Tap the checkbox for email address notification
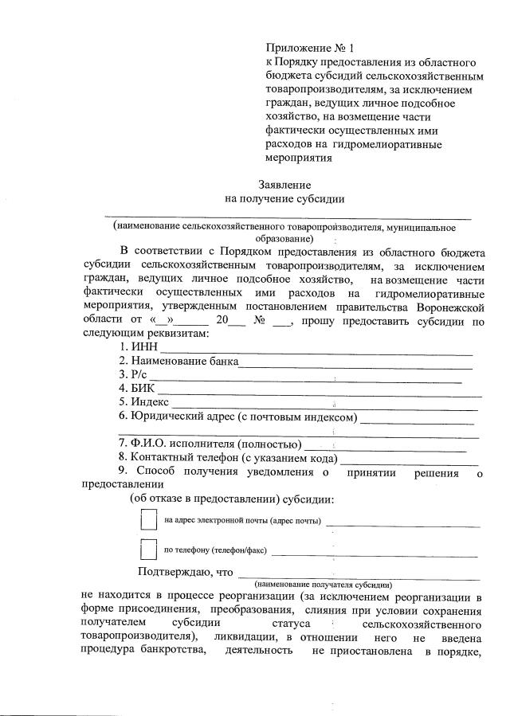click(148, 519)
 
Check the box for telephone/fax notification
click(148, 550)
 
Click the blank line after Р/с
click(307, 378)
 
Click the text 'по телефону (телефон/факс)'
click(215, 550)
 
